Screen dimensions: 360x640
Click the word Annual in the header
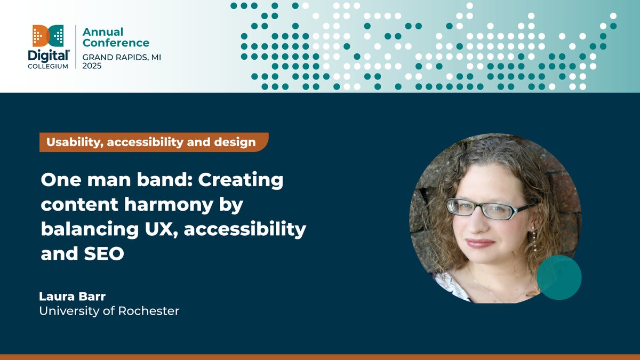[102, 32]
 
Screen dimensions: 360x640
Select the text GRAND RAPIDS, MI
[121, 57]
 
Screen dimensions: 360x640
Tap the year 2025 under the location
[92, 66]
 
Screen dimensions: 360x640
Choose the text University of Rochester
[109, 310]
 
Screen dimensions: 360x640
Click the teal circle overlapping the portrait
[558, 277]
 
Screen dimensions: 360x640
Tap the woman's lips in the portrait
[479, 243]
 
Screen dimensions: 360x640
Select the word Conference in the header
[116, 43]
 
